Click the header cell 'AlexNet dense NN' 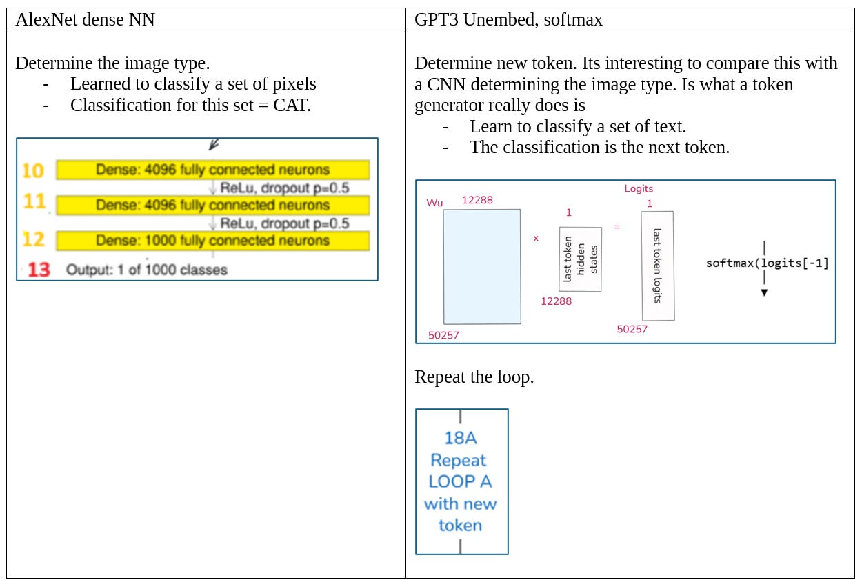pos(85,20)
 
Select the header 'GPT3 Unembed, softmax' pos(508,20)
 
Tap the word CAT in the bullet pos(293,106)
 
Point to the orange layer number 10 pos(33,170)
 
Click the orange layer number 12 pos(33,240)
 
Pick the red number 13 pos(39,270)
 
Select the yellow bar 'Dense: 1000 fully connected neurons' pos(212,241)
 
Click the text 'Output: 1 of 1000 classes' pos(146,270)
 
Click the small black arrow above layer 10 pos(214,145)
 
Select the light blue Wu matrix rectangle pos(482,267)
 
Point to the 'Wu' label pos(434,203)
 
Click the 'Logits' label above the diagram pos(639,188)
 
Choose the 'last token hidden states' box pos(580,259)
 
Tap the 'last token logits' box pos(657,266)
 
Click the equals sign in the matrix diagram pos(617,226)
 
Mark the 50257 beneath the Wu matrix pos(443,335)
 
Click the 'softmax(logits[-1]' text pos(767,263)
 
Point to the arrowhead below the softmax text pos(764,292)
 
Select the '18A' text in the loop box pos(461,438)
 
